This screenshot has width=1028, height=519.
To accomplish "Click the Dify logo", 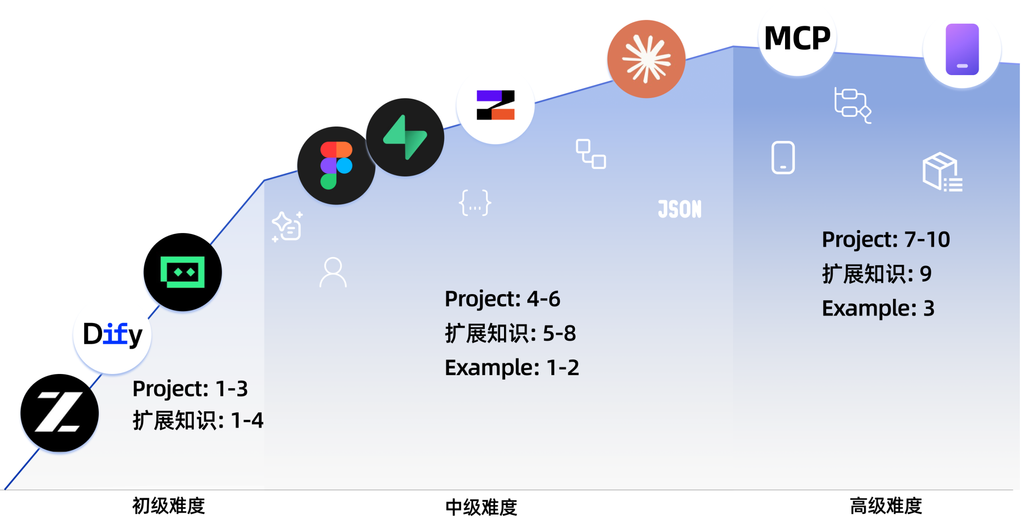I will [x=112, y=335].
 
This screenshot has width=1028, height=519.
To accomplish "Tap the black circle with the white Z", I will [x=59, y=413].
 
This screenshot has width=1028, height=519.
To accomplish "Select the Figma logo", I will [x=336, y=166].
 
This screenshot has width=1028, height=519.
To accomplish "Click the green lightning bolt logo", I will [x=405, y=137].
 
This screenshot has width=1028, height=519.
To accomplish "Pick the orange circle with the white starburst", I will [x=646, y=59].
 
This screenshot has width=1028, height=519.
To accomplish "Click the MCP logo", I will [x=797, y=38].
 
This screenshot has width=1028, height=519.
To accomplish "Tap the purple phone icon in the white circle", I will [x=962, y=49].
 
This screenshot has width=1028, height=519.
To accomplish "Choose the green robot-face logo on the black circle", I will [x=183, y=272].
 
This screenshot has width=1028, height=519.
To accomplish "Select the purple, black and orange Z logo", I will [x=495, y=105].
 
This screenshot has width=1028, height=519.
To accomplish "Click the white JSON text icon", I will [x=679, y=209].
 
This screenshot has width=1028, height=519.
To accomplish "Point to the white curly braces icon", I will [x=475, y=202].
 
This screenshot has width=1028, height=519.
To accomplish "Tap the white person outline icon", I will [x=333, y=272].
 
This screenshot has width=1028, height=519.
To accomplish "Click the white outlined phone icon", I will [x=783, y=157].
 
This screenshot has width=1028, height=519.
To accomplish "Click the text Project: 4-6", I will [x=502, y=299].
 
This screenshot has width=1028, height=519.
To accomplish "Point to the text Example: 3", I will [x=878, y=309].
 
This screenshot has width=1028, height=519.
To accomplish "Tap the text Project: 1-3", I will [x=190, y=388].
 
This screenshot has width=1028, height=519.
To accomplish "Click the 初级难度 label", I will [x=169, y=506].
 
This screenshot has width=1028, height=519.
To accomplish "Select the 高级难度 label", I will [x=885, y=506].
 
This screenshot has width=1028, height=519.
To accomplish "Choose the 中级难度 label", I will [x=481, y=507].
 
